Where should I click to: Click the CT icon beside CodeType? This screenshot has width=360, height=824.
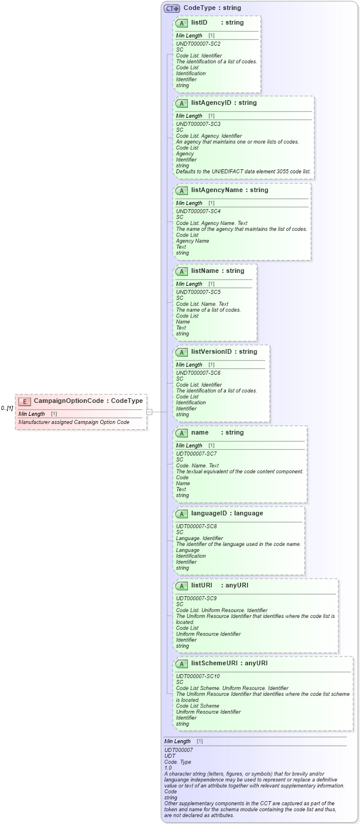[x=172, y=8]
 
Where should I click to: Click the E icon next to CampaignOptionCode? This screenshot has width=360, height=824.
[x=25, y=401]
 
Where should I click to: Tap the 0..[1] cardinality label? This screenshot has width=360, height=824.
[x=7, y=408]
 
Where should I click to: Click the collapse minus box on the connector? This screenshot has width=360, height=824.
[x=150, y=412]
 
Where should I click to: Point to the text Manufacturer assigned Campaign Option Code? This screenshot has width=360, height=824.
[x=74, y=422]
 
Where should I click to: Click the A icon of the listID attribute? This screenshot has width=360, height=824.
[x=181, y=23]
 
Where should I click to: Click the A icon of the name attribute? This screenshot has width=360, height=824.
[x=181, y=433]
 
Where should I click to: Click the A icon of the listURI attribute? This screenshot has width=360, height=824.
[x=181, y=586]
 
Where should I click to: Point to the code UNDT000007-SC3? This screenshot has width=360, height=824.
[x=198, y=124]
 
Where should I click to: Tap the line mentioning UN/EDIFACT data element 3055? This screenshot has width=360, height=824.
[x=243, y=172]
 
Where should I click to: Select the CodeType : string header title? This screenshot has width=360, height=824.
[x=212, y=8]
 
